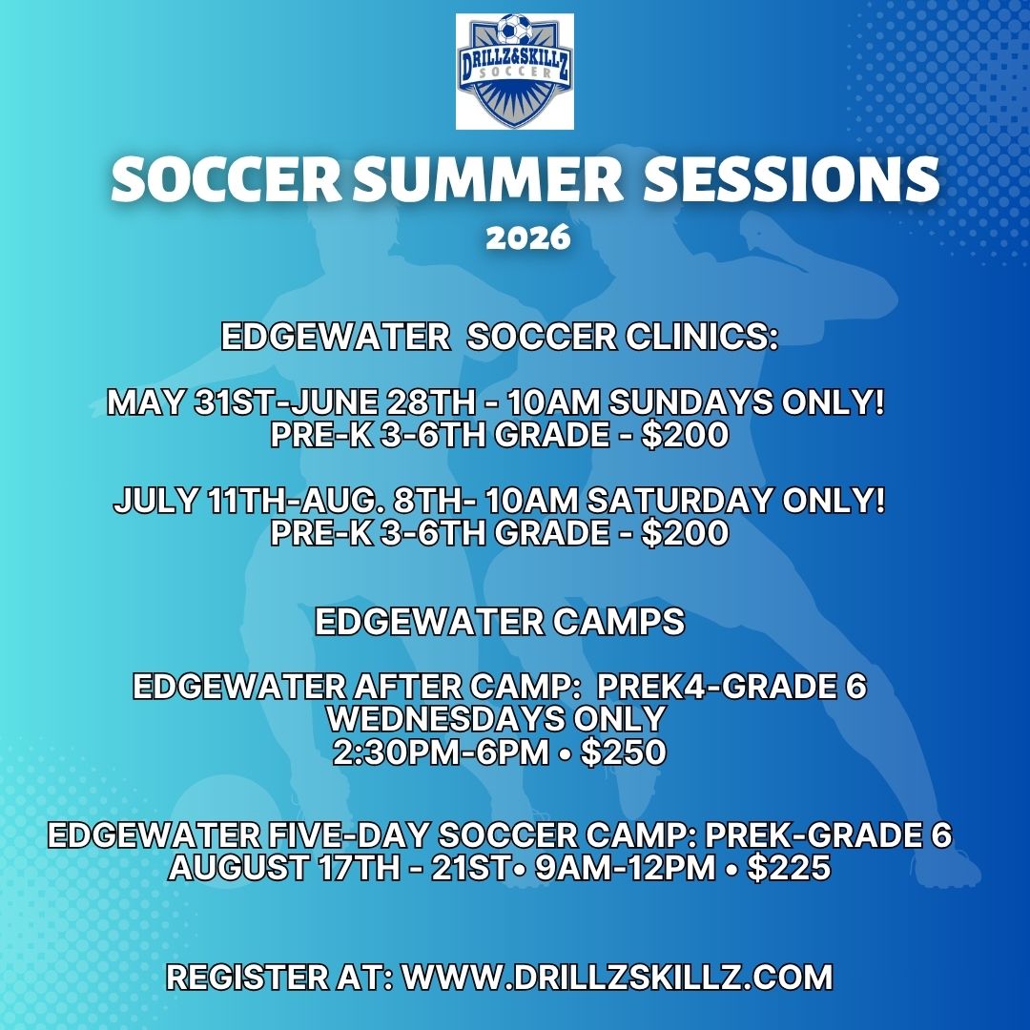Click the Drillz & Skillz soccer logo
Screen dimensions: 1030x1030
(x=515, y=71)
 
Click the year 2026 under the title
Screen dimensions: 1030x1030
(x=528, y=237)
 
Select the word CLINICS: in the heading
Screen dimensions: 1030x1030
(x=701, y=337)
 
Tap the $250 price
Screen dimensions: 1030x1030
(x=624, y=752)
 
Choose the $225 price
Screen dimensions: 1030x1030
(x=789, y=867)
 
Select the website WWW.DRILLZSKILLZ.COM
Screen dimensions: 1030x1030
(x=617, y=977)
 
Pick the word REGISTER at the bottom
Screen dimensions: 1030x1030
(x=247, y=977)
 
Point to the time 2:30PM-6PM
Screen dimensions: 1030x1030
(x=440, y=752)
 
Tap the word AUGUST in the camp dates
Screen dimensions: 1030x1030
(x=238, y=867)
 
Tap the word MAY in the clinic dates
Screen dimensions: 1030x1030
(x=145, y=402)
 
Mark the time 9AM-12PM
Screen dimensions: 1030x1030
(x=625, y=867)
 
